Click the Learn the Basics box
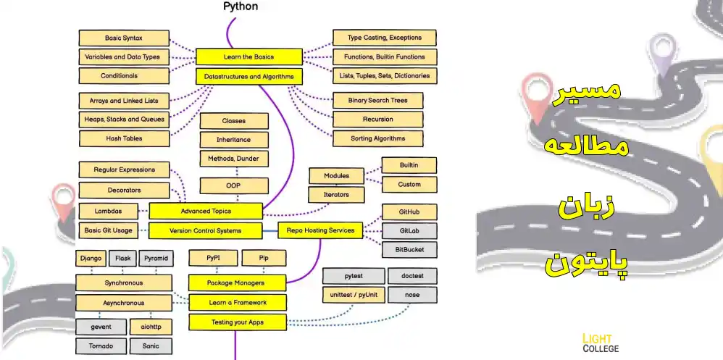click(248, 56)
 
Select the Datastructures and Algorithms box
click(248, 76)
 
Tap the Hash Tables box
click(124, 138)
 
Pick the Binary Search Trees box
click(377, 101)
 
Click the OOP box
click(233, 186)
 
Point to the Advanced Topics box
click(205, 211)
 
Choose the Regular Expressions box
click(124, 169)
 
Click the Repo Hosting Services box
click(319, 230)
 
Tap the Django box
click(91, 258)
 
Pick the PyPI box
click(212, 258)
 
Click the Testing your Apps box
click(238, 322)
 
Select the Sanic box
click(151, 346)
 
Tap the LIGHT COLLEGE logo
click(601, 343)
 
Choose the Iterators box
click(335, 195)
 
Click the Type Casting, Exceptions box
click(384, 38)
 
